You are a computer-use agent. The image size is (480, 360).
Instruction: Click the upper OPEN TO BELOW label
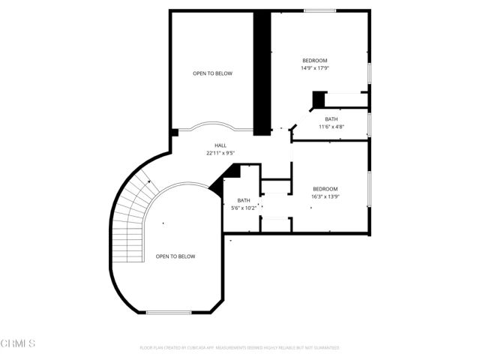212,73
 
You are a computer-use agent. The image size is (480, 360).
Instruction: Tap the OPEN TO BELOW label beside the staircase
175,256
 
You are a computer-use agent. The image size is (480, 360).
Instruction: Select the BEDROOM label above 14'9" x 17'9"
315,61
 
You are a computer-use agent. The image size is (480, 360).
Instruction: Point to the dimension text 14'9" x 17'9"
315,68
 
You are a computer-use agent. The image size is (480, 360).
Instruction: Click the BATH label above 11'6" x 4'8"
331,119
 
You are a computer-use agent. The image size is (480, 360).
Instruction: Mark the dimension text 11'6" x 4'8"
331,127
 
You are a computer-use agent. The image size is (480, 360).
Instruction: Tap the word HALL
220,145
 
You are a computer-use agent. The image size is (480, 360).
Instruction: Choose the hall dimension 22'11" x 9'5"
220,153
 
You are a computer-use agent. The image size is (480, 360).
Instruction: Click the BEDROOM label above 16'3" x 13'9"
325,189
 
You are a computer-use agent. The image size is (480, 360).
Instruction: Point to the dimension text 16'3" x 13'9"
325,196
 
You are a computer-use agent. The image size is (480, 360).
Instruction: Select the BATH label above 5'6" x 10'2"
244,200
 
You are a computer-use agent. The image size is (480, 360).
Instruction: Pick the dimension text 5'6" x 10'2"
244,208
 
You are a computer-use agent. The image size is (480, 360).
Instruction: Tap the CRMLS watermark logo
18,343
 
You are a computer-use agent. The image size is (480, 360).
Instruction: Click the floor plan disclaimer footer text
240,348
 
